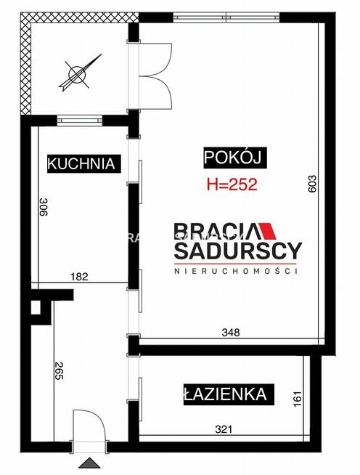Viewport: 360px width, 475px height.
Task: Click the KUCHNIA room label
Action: click(81, 163)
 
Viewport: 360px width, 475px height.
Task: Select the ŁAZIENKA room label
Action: click(229, 395)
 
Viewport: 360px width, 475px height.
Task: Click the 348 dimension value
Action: click(231, 332)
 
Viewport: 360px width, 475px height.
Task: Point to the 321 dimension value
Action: click(224, 429)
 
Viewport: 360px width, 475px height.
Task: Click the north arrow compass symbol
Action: click(75, 74)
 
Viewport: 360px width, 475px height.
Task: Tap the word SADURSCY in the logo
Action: click(237, 251)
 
